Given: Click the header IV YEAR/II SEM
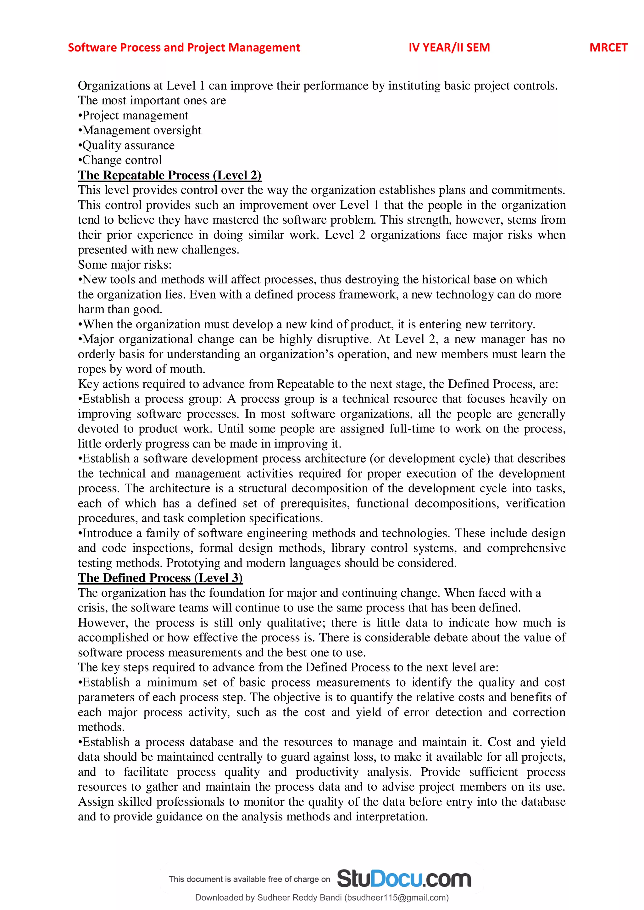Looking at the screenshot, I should (x=449, y=47).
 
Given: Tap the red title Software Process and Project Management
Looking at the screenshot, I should (x=184, y=47).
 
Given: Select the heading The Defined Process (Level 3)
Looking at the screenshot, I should (x=160, y=578).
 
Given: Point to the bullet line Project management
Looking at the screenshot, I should (x=134, y=115).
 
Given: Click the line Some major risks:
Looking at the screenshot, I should (x=125, y=265).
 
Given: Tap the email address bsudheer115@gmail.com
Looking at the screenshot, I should (x=396, y=898).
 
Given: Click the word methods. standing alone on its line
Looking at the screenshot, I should (x=101, y=727).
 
